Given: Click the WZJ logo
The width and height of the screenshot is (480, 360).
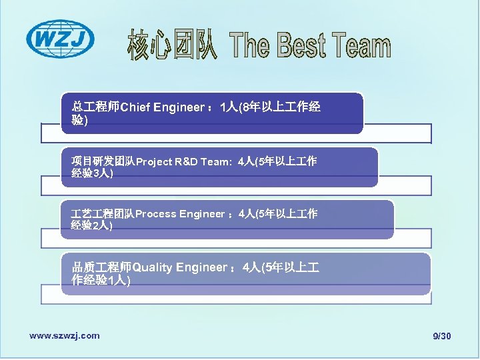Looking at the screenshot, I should click(x=60, y=39).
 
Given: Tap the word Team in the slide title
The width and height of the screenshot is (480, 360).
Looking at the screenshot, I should click(x=361, y=47).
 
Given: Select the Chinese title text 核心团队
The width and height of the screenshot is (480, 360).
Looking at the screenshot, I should click(x=172, y=45).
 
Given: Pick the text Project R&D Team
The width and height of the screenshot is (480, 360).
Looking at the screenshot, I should click(x=181, y=161).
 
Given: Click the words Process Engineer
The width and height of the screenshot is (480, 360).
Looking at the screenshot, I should click(x=180, y=214).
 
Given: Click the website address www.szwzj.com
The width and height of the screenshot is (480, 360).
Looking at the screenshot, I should click(x=65, y=335).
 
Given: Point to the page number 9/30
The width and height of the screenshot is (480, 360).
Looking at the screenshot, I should click(x=441, y=336).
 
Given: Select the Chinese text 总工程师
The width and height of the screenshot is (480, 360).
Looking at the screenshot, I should click(x=95, y=107).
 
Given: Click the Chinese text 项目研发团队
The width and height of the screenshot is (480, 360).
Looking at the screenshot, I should click(x=103, y=161).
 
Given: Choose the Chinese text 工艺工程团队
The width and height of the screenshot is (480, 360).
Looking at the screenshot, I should click(x=103, y=214).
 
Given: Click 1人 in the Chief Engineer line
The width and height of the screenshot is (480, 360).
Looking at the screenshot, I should click(x=229, y=107).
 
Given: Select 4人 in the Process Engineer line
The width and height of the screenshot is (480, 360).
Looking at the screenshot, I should click(x=247, y=214).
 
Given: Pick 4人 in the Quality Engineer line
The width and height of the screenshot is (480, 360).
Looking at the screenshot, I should click(x=252, y=267).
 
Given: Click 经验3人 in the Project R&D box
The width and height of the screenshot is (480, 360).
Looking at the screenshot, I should click(x=91, y=173).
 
